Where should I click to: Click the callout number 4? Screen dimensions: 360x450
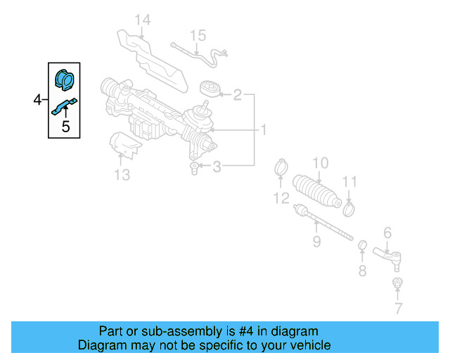[x=37, y=101]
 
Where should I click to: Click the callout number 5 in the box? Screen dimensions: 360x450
[x=65, y=127]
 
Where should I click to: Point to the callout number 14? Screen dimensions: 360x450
[x=143, y=20]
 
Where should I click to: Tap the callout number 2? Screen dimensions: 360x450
[x=237, y=94]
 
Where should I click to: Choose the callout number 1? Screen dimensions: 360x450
[x=264, y=130]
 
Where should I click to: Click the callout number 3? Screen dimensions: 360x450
[x=217, y=167]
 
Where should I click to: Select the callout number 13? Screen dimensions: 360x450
[x=122, y=174]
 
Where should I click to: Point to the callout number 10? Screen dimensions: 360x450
[x=320, y=163]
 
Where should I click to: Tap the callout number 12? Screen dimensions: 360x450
[x=281, y=198]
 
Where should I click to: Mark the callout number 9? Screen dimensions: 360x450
[x=316, y=242]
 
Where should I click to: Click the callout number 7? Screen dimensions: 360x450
[x=398, y=308]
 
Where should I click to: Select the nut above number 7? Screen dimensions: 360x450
[x=397, y=283]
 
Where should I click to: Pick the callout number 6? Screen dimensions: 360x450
[x=387, y=233]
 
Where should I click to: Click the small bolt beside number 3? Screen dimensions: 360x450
[x=194, y=167]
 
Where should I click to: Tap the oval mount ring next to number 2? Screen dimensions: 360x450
[x=209, y=89]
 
